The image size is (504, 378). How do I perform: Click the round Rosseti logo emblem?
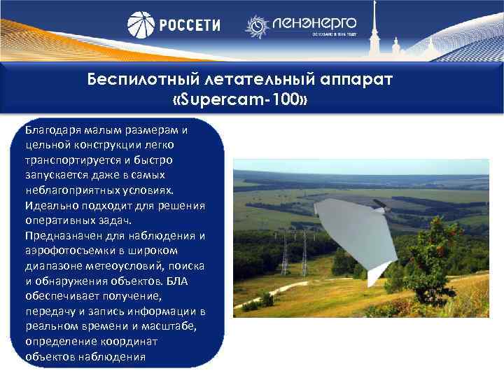(141, 25)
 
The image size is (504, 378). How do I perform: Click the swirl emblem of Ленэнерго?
(257, 26)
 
